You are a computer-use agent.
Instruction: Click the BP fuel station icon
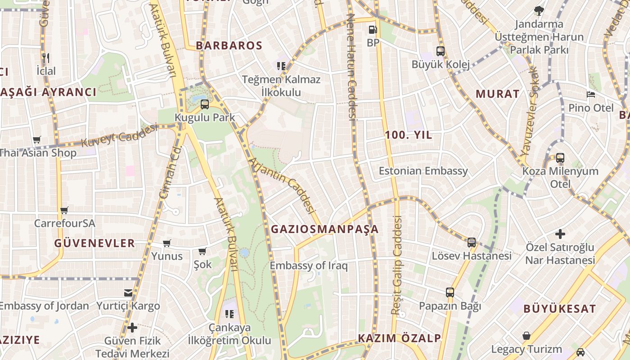click(x=373, y=30)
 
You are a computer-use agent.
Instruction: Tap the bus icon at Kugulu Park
click(x=205, y=104)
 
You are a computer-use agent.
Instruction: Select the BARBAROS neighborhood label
click(x=229, y=45)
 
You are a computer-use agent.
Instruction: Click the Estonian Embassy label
click(x=423, y=171)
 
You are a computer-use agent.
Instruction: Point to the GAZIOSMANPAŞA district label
click(x=324, y=229)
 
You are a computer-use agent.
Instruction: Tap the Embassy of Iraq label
click(x=309, y=265)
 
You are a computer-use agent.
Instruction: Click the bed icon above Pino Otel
click(x=591, y=94)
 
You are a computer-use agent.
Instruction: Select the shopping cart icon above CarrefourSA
click(x=64, y=210)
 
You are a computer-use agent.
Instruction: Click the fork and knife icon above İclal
click(x=45, y=58)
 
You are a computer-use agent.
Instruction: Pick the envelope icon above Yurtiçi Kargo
click(x=128, y=293)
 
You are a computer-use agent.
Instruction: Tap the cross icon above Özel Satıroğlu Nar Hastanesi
click(x=560, y=234)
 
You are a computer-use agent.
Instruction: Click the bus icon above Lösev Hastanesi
click(x=472, y=243)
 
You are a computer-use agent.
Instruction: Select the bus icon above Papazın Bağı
click(x=450, y=292)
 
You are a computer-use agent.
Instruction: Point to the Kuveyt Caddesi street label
click(x=119, y=135)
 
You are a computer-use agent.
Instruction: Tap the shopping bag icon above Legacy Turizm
click(x=526, y=336)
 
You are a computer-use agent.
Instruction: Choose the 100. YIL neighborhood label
click(x=408, y=135)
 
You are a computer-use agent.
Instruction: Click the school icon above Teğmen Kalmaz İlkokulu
click(x=281, y=67)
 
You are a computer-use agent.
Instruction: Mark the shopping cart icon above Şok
click(x=202, y=251)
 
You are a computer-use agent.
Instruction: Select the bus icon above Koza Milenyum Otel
click(x=560, y=158)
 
